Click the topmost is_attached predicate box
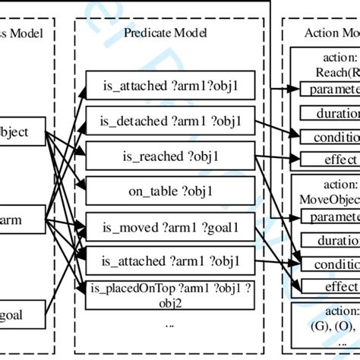point(169,86)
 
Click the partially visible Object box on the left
point(23,132)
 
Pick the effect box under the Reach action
point(330,159)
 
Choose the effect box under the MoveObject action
point(330,286)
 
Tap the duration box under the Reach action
point(330,113)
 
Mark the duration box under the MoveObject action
point(330,241)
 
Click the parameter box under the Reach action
point(330,90)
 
